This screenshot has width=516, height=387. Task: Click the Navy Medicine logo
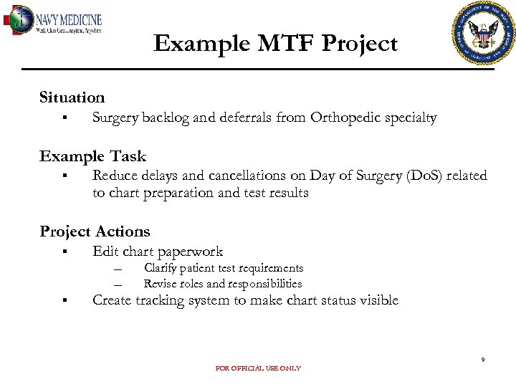pos(54,21)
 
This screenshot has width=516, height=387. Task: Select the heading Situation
pos(72,97)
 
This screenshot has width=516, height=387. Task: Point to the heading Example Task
pos(92,156)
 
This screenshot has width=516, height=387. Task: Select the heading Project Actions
pos(95,231)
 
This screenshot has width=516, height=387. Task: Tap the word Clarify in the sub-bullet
pos(159,268)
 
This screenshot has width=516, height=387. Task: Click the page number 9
pos(482,360)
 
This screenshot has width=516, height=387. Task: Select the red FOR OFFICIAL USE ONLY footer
pos(258,368)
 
